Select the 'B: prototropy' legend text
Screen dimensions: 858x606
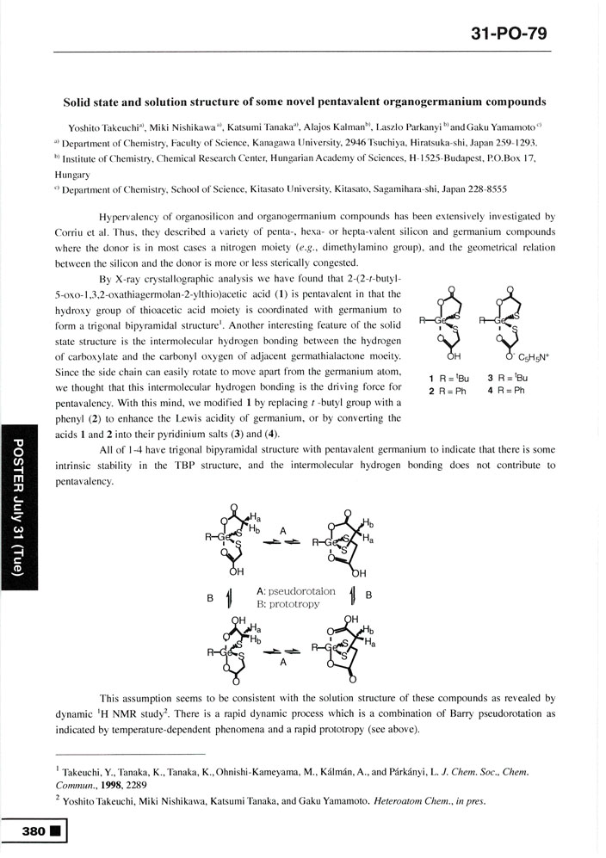288,604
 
